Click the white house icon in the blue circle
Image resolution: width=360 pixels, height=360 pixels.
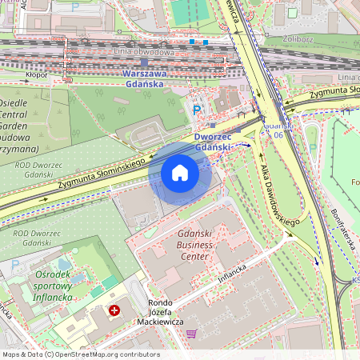tap(180, 173)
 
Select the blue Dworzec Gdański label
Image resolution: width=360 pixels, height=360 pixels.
tap(213, 142)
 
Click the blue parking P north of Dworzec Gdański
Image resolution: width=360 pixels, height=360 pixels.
tap(197, 110)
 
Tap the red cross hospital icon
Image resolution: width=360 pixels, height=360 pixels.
tap(115, 310)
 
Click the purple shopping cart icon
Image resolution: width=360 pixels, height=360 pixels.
tap(191, 334)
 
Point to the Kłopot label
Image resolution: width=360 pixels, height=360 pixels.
tap(37, 75)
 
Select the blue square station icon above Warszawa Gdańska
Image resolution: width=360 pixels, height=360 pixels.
tap(144, 62)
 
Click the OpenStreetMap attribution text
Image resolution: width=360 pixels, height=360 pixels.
tap(80, 354)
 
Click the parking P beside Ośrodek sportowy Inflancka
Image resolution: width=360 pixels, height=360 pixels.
tap(15, 265)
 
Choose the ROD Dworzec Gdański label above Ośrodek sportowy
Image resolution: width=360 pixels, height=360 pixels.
tap(32, 238)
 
